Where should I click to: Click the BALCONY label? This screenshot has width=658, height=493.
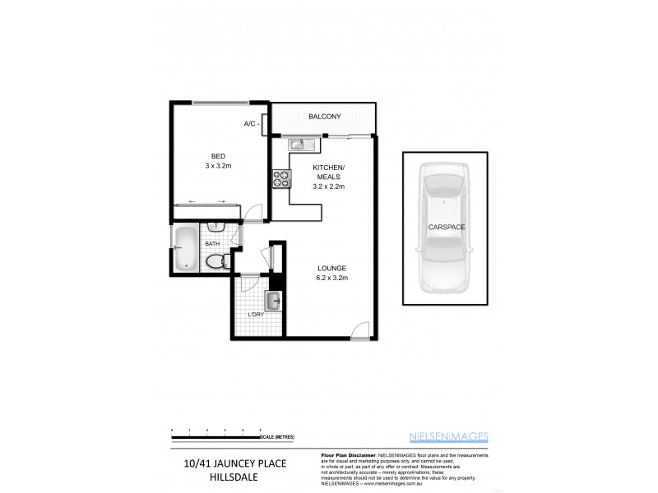coord(325,117)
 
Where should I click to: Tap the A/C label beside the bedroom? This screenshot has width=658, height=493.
coord(250,124)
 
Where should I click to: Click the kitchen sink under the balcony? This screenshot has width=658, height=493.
coord(299,145)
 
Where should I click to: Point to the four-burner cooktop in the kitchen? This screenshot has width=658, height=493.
coord(280,178)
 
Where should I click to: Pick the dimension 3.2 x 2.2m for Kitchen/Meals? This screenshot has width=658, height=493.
coord(327,187)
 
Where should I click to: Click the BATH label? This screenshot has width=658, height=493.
coord(212,244)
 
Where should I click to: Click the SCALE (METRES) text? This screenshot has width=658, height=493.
coord(278,435)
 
